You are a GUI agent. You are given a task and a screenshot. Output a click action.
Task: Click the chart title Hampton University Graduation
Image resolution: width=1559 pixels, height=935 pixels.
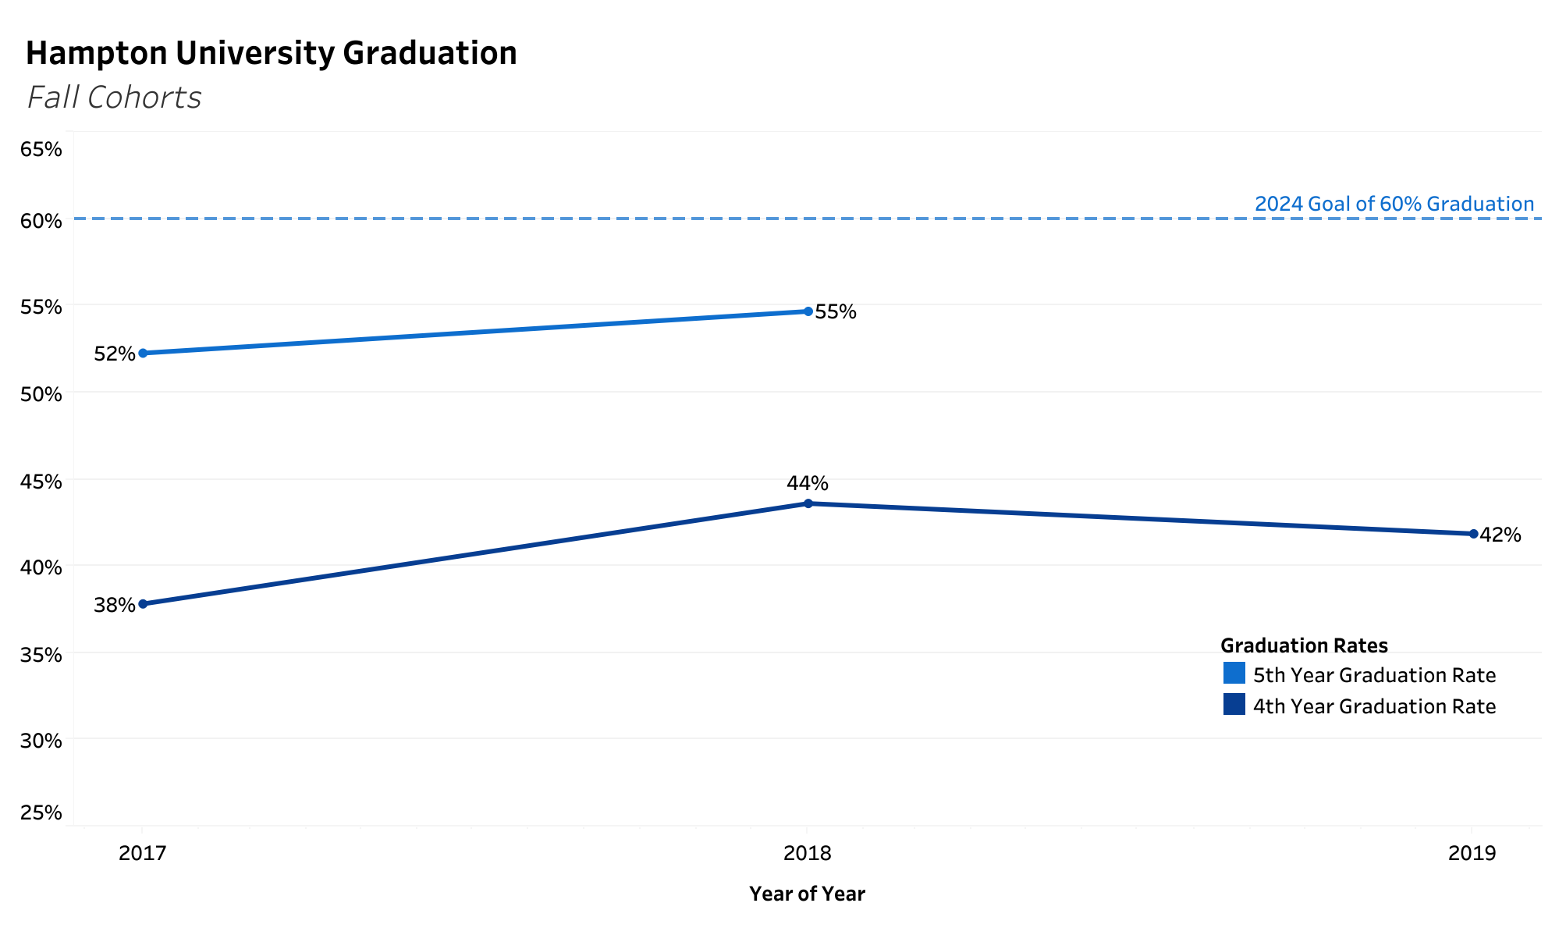tap(271, 53)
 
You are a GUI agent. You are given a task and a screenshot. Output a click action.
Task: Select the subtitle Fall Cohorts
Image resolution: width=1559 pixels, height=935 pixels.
tap(114, 98)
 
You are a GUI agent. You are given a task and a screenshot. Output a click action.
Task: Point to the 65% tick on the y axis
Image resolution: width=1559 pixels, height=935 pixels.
tap(41, 149)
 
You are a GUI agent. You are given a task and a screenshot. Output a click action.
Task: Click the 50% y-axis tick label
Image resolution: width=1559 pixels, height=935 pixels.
tap(41, 393)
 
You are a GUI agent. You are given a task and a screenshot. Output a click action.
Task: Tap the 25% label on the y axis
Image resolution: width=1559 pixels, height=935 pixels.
tap(41, 812)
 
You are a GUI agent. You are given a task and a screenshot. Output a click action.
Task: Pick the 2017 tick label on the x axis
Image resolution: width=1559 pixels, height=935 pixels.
tap(142, 853)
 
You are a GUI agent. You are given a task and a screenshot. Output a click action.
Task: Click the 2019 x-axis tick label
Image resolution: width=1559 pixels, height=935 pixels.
tap(1472, 853)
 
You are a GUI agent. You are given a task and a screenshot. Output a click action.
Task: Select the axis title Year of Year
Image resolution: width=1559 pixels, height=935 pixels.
tap(807, 894)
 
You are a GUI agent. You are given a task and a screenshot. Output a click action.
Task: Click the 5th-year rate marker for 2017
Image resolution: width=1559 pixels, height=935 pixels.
tap(143, 354)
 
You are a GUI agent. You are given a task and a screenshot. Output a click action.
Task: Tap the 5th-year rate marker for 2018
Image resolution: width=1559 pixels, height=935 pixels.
tap(808, 311)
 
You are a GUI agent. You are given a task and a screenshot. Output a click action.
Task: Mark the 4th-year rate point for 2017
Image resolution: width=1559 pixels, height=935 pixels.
tap(143, 604)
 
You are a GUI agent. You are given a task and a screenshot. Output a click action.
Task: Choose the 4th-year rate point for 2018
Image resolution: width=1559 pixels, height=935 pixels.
tap(808, 503)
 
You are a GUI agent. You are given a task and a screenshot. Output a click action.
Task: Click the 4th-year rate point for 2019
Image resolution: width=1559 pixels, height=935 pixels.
tap(1473, 534)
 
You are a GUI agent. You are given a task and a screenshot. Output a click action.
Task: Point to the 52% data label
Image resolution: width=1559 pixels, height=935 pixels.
tap(114, 354)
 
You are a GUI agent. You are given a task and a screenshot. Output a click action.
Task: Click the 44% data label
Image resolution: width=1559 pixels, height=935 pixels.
tap(807, 483)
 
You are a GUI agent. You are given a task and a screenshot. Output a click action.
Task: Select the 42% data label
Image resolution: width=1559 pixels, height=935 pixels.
tap(1500, 535)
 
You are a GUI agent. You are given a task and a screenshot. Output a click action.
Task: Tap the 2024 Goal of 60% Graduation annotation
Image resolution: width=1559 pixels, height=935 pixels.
tap(1394, 204)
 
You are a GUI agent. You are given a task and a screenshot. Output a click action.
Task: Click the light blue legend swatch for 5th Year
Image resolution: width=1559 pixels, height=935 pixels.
tap(1234, 673)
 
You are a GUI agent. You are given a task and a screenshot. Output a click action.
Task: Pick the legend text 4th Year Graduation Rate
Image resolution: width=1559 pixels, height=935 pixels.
tap(1374, 706)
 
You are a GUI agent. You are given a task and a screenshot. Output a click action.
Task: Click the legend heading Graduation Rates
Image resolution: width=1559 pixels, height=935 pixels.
tap(1304, 645)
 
